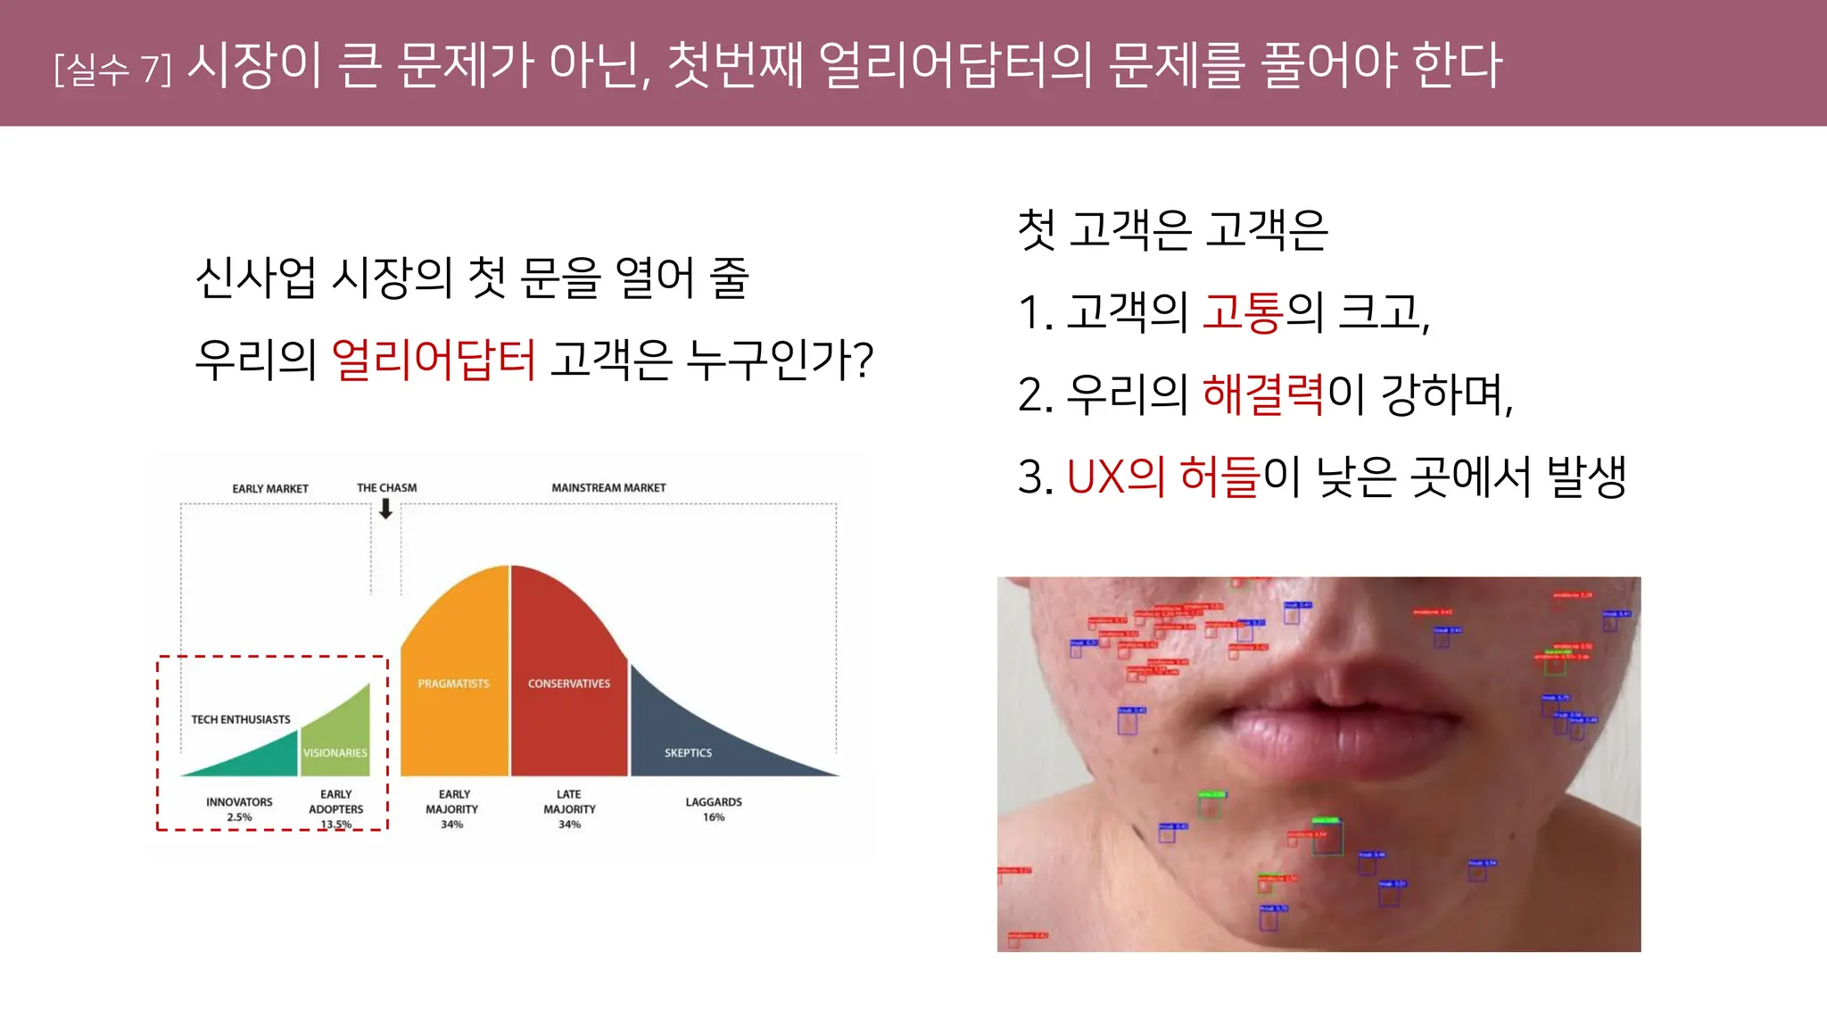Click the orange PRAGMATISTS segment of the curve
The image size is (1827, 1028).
click(454, 705)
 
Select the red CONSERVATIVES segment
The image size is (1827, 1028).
click(568, 705)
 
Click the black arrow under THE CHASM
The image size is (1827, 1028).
click(385, 510)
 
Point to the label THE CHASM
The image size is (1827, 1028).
click(386, 488)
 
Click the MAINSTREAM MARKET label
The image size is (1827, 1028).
click(608, 488)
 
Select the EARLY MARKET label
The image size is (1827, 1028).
click(270, 489)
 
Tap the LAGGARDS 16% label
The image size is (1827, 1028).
click(714, 809)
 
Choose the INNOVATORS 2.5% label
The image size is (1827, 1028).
click(239, 809)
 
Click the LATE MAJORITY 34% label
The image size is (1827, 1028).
click(569, 808)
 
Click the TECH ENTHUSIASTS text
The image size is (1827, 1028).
click(241, 719)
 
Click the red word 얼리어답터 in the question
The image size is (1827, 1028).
click(434, 360)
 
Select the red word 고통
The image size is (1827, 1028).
click(1243, 312)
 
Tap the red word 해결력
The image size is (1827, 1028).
click(1263, 394)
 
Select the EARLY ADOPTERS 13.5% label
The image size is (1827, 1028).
click(336, 808)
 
